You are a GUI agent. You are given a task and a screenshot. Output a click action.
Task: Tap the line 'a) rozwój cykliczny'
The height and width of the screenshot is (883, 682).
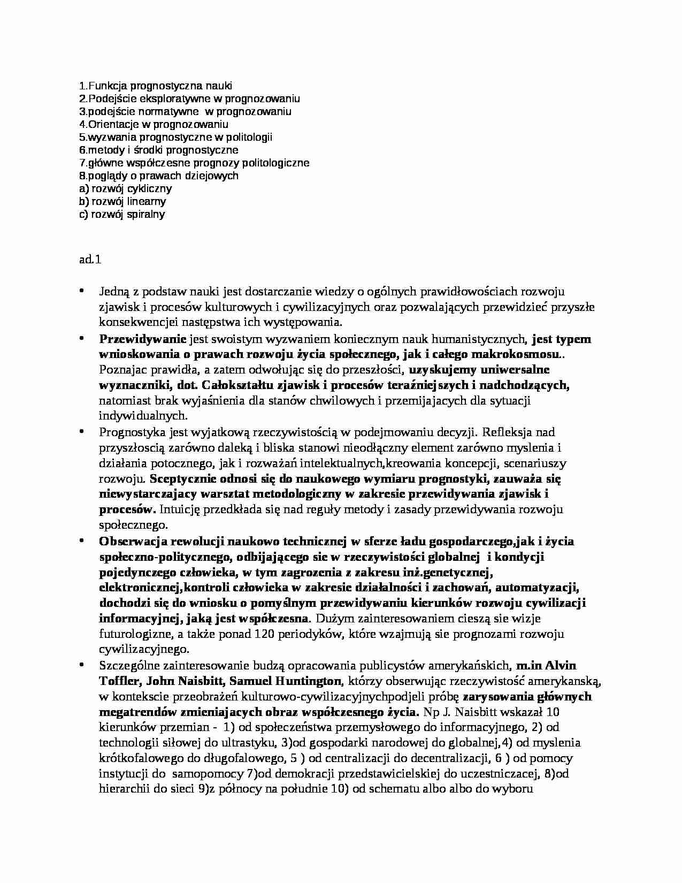coord(125,188)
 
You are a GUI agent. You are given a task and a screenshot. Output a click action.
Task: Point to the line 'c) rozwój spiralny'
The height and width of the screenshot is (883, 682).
coord(121,214)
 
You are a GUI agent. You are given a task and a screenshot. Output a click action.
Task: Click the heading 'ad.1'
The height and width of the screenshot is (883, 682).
coord(89,260)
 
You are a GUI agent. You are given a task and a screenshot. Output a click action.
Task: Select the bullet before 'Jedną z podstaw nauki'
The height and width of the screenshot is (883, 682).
coord(82,291)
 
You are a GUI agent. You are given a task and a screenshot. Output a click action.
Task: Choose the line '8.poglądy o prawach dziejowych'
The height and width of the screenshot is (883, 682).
coord(158,176)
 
